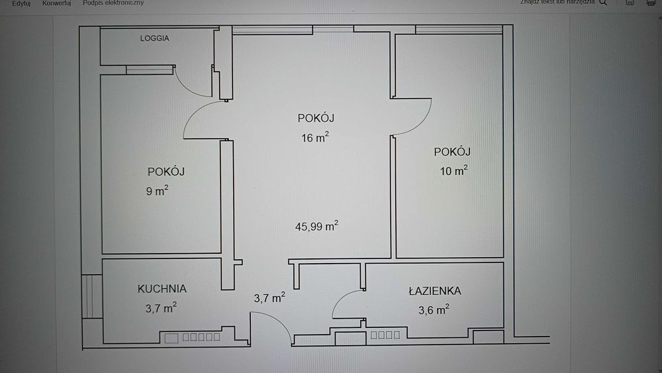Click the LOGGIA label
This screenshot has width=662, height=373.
154,38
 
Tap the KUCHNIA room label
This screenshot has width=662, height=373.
162,289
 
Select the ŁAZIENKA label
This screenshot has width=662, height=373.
434,290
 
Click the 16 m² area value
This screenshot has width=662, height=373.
314,138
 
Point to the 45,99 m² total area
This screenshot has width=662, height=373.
316,226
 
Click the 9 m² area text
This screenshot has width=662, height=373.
157,191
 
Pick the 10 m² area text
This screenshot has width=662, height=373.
453,171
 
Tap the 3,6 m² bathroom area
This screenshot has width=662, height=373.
434,309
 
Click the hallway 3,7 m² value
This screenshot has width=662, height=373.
269,298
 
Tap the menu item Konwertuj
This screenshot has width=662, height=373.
56,3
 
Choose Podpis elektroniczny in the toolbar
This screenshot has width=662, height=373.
113,3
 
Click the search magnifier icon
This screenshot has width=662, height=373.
602,3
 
